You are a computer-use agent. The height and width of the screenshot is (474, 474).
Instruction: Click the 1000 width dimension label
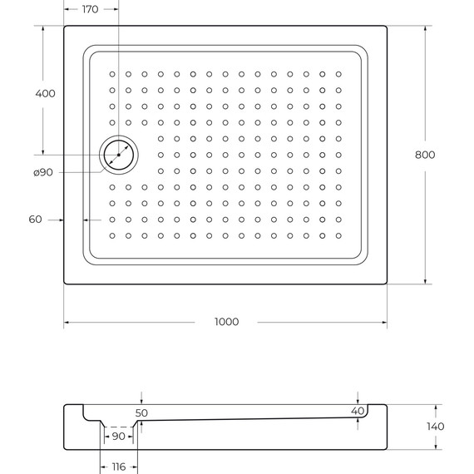(x=225, y=322)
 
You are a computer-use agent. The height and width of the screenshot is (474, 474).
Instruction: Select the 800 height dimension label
(x=425, y=154)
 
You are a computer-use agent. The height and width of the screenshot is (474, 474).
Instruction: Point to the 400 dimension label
(x=45, y=93)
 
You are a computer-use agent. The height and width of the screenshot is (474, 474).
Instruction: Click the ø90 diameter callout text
(x=43, y=172)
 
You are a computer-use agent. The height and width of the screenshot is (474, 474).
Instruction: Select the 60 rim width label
(x=34, y=220)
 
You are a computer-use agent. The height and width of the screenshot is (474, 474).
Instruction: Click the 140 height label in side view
(x=434, y=427)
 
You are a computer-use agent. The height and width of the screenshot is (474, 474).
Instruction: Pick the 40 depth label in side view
(x=358, y=411)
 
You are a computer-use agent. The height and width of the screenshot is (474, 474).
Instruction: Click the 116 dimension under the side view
(x=118, y=467)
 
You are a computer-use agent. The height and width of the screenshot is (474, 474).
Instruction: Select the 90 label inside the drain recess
(x=118, y=437)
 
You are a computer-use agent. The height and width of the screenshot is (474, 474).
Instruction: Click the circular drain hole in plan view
(x=120, y=155)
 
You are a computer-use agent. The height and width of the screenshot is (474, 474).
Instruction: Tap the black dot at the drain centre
(x=120, y=155)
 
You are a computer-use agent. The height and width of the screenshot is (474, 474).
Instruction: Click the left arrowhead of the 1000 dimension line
(x=67, y=322)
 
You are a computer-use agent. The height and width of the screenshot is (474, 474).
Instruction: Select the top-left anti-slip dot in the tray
(x=112, y=74)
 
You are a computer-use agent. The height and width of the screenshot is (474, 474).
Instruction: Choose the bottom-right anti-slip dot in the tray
(x=338, y=235)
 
